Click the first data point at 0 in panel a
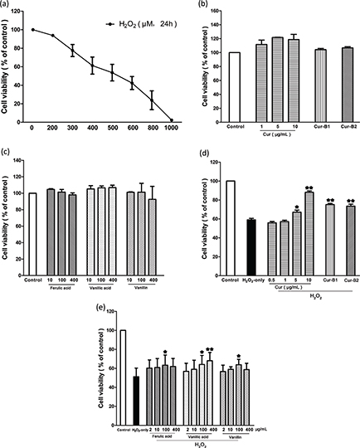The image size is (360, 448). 32,30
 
